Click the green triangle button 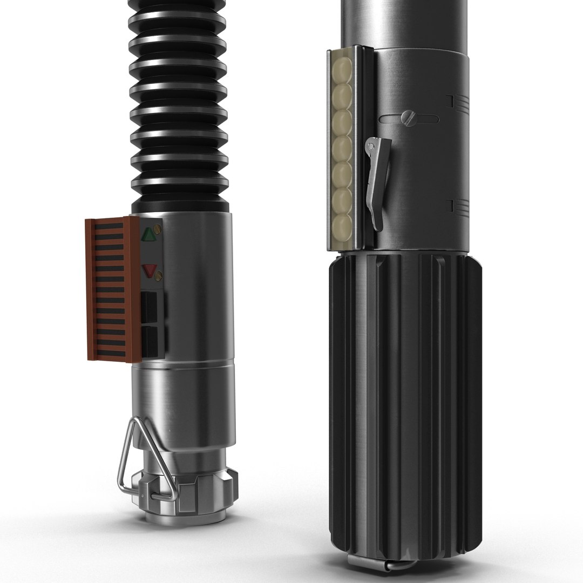coord(147,234)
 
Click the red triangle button coord(149,270)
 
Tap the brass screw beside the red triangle coord(159,276)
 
